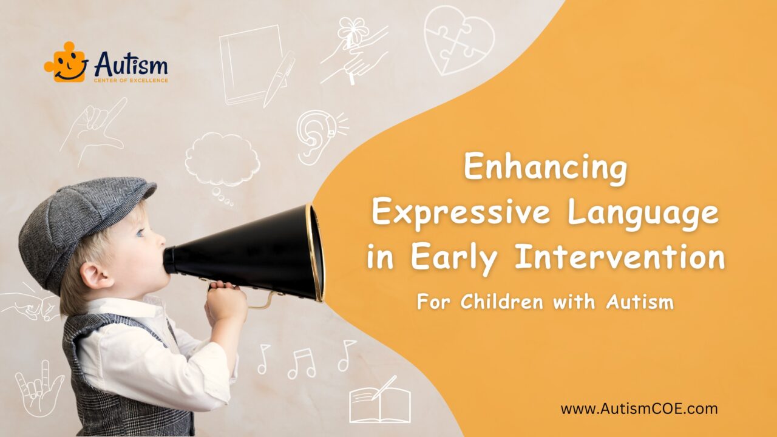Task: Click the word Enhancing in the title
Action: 545,169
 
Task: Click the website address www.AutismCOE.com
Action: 639,408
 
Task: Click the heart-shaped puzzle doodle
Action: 459,39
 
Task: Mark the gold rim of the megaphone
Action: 315,252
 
